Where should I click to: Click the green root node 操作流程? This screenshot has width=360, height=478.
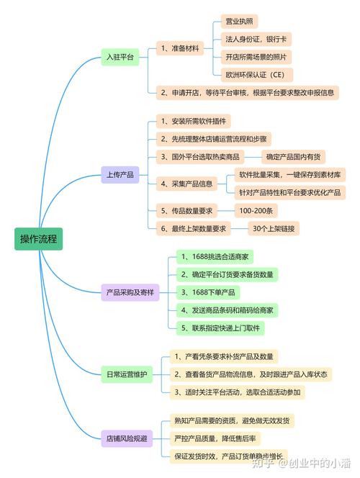click(39, 238)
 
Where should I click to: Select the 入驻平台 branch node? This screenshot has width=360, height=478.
click(120, 58)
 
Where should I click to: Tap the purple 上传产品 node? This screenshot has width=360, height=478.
click(120, 175)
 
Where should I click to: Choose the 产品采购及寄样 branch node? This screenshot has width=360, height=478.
click(130, 292)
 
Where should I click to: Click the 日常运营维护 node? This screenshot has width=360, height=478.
click(126, 374)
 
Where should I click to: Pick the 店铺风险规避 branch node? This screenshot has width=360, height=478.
click(127, 437)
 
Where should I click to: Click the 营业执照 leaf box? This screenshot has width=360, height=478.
click(238, 22)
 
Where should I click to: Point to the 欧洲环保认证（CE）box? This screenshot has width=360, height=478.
click(257, 74)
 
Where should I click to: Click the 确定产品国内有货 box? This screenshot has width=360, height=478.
click(296, 156)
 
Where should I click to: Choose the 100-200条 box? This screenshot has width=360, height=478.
click(256, 210)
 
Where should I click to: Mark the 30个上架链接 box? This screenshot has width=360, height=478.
click(274, 228)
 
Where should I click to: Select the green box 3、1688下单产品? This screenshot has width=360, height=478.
click(209, 292)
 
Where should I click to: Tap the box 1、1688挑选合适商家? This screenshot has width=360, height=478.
click(215, 256)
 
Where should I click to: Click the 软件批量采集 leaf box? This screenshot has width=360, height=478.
click(292, 174)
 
